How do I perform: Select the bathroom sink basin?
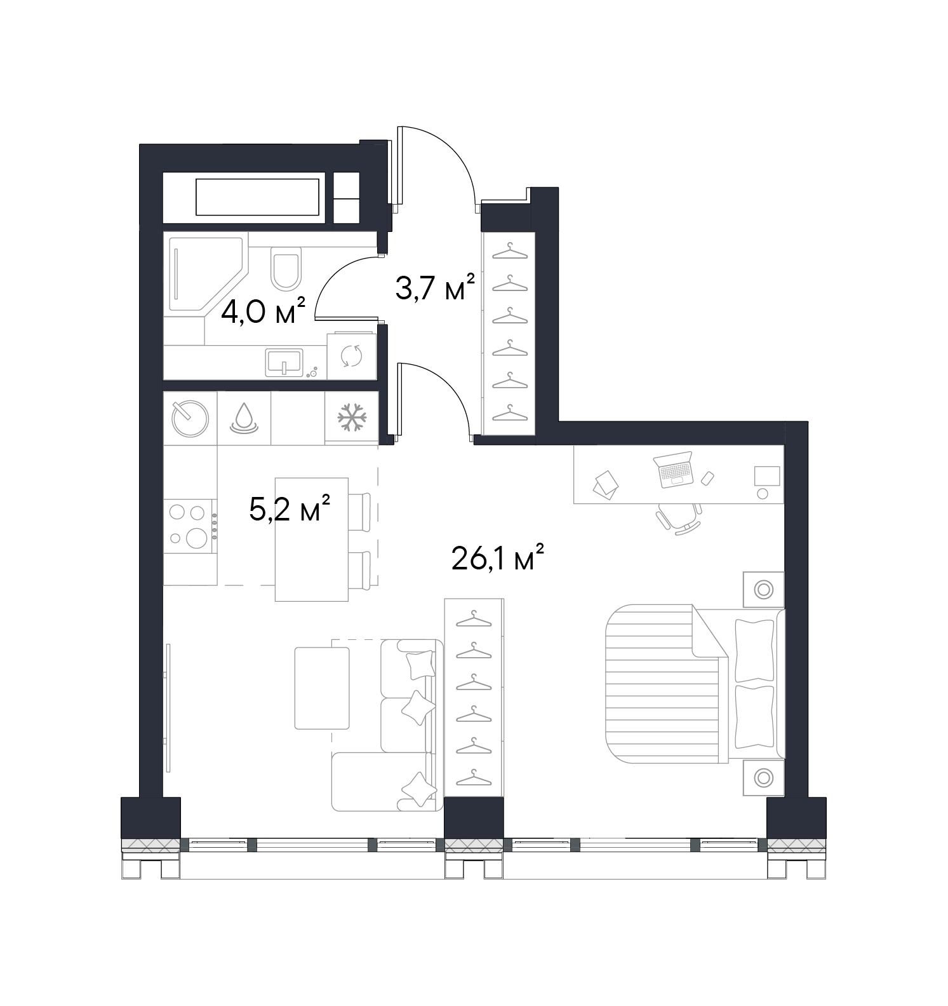pos(284,362)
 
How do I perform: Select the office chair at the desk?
pos(679,517)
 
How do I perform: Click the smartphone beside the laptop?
pos(707,477)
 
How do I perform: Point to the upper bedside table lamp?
pos(764,589)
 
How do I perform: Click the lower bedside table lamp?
pos(764,777)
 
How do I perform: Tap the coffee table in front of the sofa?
pos(322,688)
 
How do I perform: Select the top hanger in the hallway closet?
pos(511,252)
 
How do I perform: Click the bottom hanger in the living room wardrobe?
pos(474,777)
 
